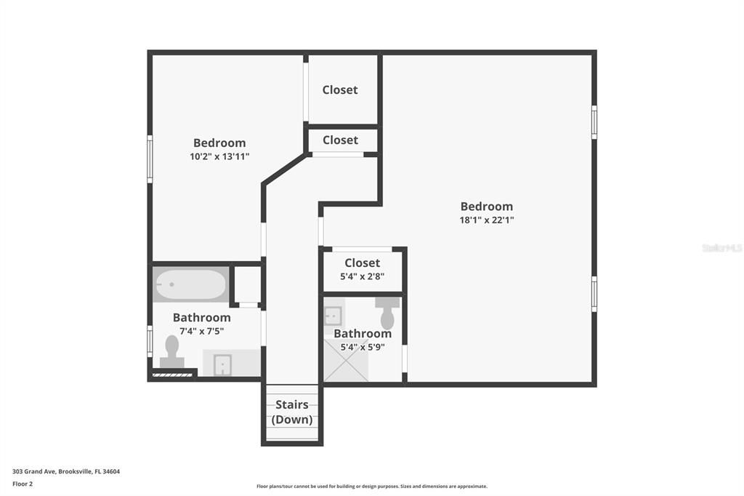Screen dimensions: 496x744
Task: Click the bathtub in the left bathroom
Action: [x=190, y=284]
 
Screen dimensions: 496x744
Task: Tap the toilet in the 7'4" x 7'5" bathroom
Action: [x=172, y=351]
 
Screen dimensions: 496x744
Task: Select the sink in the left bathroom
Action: [x=222, y=364]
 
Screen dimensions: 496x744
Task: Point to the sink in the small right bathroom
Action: [x=333, y=316]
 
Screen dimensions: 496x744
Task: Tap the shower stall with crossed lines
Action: [x=346, y=361]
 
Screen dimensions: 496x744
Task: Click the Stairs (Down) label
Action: [x=292, y=412]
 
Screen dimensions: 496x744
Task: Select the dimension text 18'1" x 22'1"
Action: [x=487, y=220]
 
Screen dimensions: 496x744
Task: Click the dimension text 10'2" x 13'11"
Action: [x=219, y=156]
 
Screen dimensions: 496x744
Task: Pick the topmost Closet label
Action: [x=340, y=89]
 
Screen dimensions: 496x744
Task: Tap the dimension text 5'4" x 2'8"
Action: [x=363, y=276]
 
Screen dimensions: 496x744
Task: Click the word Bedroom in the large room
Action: [x=487, y=207]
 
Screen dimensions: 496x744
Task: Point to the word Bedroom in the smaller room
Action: [x=219, y=143]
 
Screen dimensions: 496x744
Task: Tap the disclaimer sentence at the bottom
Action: [x=371, y=487]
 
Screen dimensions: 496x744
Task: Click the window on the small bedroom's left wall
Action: [x=150, y=159]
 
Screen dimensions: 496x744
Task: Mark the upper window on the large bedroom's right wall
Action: [x=594, y=121]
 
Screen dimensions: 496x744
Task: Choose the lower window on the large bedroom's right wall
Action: [x=594, y=294]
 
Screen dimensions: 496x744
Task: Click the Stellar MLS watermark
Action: [x=721, y=248]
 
